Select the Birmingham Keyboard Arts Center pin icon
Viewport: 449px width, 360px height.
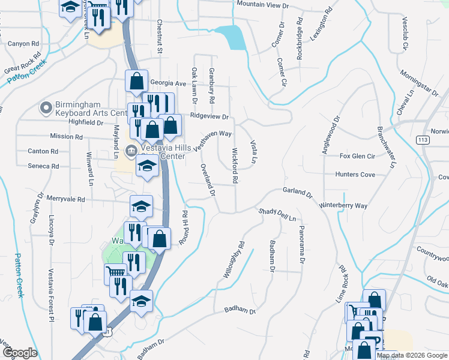click(46, 108)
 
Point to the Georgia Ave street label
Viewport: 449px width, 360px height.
click(168, 83)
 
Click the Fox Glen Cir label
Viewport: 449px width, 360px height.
click(357, 156)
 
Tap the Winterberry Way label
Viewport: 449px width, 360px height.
click(343, 205)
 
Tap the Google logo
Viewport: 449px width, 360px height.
click(20, 353)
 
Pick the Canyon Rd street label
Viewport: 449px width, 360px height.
click(23, 44)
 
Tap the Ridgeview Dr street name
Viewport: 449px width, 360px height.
click(209, 116)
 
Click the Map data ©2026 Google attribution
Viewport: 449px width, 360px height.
click(412, 355)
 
